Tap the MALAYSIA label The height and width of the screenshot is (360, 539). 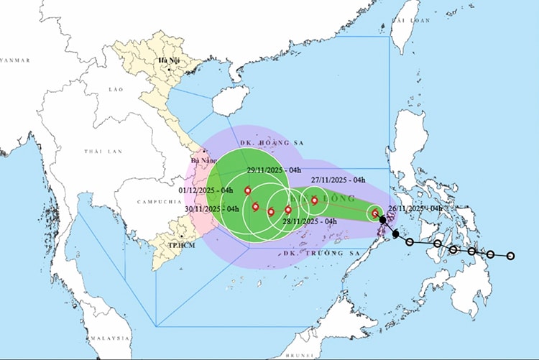109,337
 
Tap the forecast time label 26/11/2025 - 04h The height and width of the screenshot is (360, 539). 415,208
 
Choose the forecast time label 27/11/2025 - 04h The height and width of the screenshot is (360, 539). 338,180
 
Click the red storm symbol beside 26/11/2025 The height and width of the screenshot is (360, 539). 375,213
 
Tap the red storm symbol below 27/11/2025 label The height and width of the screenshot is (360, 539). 314,200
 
